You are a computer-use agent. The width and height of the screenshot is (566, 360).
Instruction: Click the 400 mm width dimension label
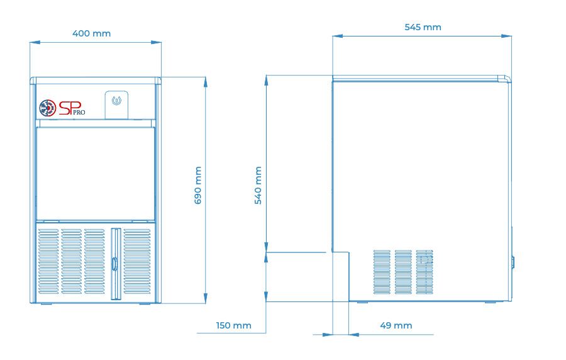(91, 33)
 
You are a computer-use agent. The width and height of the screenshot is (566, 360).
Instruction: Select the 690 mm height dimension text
(198, 185)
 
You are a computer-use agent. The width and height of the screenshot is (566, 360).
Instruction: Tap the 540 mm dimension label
(258, 185)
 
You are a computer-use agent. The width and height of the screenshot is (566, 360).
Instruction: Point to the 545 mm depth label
(423, 28)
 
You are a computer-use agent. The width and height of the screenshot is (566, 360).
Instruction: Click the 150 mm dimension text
(233, 325)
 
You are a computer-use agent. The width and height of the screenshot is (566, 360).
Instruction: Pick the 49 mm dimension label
(396, 325)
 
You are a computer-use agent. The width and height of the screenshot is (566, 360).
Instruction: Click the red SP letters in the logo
(70, 108)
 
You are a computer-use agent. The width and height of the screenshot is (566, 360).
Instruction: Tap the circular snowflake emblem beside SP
(48, 108)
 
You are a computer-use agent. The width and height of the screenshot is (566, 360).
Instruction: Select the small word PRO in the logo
(79, 113)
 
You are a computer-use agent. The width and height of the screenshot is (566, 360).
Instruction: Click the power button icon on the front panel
(116, 101)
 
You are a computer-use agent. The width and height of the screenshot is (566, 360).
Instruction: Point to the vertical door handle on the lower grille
(116, 264)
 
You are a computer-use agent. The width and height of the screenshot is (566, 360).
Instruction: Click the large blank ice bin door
(96, 174)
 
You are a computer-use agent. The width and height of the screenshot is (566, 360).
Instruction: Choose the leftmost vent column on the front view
(48, 261)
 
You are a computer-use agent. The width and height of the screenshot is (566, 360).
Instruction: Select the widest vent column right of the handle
(137, 261)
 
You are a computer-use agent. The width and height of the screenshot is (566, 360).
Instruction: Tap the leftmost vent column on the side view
(382, 271)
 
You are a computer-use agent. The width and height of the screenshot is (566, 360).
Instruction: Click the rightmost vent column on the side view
(425, 271)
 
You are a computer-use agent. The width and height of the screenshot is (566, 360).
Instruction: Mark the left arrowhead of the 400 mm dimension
(35, 42)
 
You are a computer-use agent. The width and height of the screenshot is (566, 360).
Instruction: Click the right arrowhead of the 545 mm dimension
(506, 36)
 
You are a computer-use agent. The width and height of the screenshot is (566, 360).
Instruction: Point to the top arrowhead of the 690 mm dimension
(206, 82)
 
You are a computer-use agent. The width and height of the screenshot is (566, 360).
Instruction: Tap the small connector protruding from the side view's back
(513, 262)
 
